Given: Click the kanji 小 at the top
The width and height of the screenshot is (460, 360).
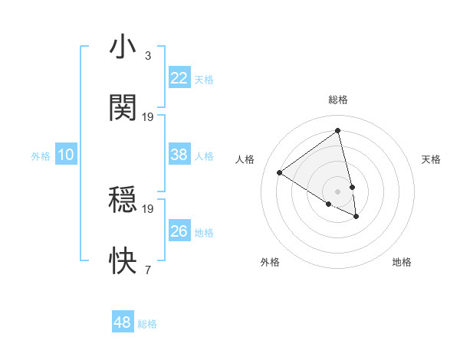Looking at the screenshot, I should click(x=123, y=47).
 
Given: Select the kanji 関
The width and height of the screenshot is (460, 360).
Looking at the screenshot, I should click(x=123, y=108).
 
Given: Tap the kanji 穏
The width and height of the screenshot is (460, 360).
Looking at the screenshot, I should click(x=123, y=201).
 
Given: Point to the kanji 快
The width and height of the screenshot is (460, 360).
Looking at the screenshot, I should click(x=123, y=261).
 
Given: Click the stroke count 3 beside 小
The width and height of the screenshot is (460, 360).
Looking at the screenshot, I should click(x=147, y=56).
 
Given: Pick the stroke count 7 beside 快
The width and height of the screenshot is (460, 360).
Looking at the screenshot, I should click(x=147, y=270).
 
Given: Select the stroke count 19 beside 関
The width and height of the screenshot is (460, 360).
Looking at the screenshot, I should click(x=148, y=116).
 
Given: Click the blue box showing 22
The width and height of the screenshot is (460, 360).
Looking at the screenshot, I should click(x=179, y=78).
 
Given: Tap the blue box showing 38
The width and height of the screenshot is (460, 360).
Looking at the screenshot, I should click(x=179, y=155).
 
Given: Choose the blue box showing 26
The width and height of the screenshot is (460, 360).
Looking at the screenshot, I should click(x=179, y=231).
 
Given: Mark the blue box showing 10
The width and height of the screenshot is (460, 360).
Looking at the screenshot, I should click(x=66, y=155).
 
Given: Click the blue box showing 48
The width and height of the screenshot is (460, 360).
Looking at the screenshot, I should click(x=123, y=322).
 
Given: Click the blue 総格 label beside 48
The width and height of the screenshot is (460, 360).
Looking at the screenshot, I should click(x=147, y=324).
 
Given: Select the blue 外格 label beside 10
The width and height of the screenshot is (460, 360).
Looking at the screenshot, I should click(x=41, y=156).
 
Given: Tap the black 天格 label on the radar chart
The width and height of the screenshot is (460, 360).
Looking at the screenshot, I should click(x=431, y=159).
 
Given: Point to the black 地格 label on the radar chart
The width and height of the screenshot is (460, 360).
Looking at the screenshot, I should click(x=402, y=262).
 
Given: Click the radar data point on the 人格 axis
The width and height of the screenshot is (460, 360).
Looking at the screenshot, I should click(x=279, y=172).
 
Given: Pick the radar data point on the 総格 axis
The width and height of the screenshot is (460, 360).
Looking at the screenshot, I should click(x=337, y=130).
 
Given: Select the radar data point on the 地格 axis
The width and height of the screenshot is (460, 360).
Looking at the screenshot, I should click(x=356, y=217).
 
